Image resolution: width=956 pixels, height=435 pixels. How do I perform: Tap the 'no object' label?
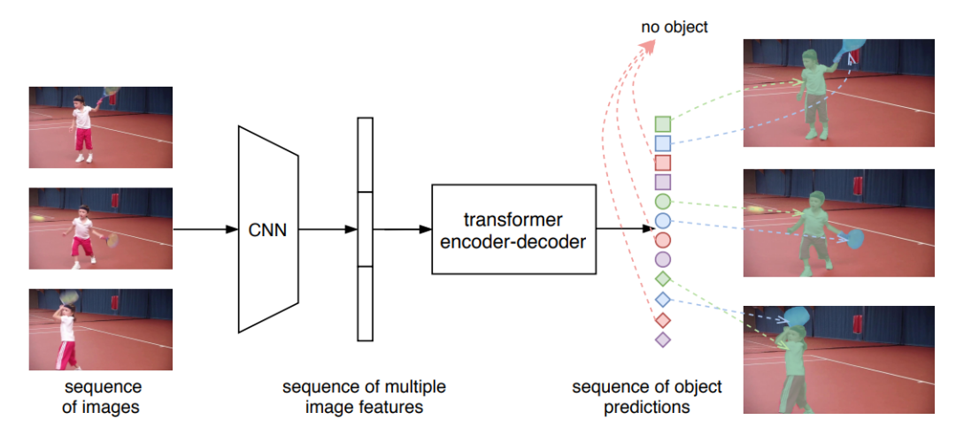[675, 27]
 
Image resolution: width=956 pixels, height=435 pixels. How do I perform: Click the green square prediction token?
[663, 124]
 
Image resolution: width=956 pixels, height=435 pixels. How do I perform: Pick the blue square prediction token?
[663, 143]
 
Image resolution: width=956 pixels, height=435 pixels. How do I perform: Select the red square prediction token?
[663, 163]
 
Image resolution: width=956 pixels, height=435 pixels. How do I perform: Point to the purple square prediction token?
[663, 182]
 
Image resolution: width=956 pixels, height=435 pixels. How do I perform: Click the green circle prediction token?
[663, 202]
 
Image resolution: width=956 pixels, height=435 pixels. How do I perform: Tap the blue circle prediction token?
[663, 221]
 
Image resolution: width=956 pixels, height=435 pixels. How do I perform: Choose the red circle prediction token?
[663, 240]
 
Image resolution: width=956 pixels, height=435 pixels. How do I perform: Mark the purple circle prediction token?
[663, 260]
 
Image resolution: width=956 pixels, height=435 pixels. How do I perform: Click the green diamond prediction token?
[663, 279]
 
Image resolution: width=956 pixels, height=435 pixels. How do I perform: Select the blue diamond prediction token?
[663, 300]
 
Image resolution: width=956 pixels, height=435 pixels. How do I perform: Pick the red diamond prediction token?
[663, 319]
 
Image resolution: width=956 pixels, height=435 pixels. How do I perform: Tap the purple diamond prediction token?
[663, 339]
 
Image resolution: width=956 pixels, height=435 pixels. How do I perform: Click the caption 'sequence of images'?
[102, 397]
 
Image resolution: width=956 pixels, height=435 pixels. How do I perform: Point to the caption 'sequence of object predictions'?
[646, 397]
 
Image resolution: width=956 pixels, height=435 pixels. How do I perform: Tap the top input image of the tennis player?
[100, 126]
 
